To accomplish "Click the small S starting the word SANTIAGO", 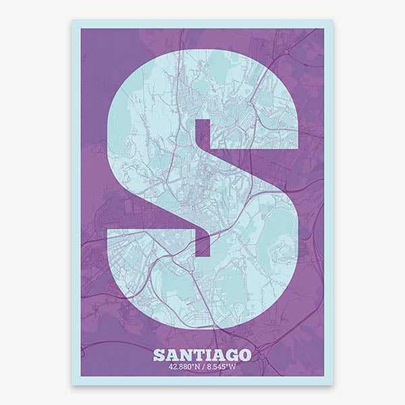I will click(x=159, y=355).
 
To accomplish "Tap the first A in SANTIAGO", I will click(x=173, y=355).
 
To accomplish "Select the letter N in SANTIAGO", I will click(x=187, y=355).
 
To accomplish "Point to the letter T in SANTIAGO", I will click(x=200, y=355).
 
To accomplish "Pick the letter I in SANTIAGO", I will click(x=210, y=355).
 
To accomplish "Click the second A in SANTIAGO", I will click(x=219, y=355).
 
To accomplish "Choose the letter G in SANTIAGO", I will click(x=233, y=355).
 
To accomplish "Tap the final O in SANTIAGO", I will click(x=246, y=355).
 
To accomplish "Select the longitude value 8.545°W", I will click(x=221, y=368).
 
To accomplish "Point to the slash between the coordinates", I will click(x=205, y=368).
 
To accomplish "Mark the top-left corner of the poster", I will click(x=72, y=20).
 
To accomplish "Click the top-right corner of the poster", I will click(x=333, y=20).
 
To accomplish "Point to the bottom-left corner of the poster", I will click(x=72, y=385).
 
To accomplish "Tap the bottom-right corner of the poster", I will click(x=333, y=385).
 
